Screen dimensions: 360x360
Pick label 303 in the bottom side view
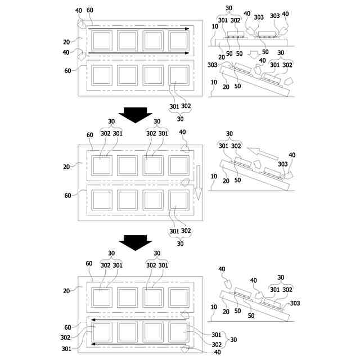click(x=295, y=303)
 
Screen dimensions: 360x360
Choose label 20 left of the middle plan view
click(x=66, y=166)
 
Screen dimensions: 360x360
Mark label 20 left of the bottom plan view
click(x=66, y=291)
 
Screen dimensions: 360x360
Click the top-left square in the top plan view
click(x=102, y=40)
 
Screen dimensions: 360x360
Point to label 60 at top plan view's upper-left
click(x=91, y=11)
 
